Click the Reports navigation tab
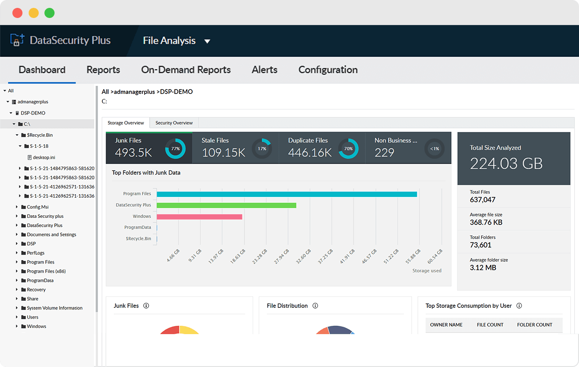(103, 70)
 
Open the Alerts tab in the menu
(264, 70)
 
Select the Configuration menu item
(328, 70)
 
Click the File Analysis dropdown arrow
(207, 41)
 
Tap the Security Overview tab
(174, 123)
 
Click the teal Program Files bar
(286, 194)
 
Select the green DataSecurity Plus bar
(226, 205)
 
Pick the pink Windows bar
(199, 217)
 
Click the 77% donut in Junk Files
(175, 149)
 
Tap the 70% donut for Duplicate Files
(348, 149)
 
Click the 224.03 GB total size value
(506, 164)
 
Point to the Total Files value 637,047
(483, 200)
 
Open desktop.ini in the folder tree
(44, 157)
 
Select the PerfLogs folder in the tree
(36, 253)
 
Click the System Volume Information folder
(54, 308)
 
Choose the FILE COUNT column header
(490, 325)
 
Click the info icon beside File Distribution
(315, 306)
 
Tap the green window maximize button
(50, 13)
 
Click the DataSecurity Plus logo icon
(17, 40)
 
